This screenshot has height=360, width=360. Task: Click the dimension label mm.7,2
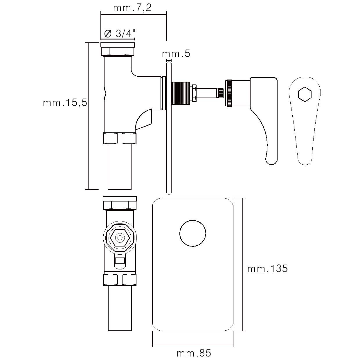pyautogui.click(x=132, y=8)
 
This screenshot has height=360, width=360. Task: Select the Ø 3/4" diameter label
pyautogui.click(x=120, y=34)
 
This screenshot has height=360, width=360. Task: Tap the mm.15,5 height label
pyautogui.click(x=65, y=102)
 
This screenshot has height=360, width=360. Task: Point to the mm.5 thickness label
pyautogui.click(x=176, y=53)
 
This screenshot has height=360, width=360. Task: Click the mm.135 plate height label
pyautogui.click(x=267, y=269)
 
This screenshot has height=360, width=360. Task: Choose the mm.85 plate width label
pyautogui.click(x=194, y=353)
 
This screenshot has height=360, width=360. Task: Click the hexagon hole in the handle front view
pyautogui.click(x=305, y=94)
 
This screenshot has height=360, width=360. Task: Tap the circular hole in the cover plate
pyautogui.click(x=193, y=233)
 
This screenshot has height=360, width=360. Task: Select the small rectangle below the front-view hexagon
pyautogui.click(x=120, y=260)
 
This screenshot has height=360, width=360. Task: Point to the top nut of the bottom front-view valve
pyautogui.click(x=120, y=203)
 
